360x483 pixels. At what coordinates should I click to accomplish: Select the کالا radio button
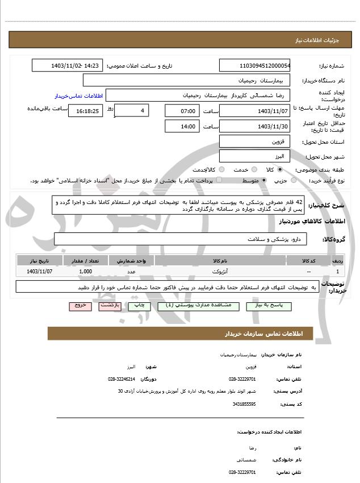click(x=280, y=169)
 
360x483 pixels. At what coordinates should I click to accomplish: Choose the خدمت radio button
click(x=253, y=169)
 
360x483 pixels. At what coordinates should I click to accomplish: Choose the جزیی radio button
click(x=294, y=180)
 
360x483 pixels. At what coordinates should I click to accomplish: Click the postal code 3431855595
click(x=244, y=404)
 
